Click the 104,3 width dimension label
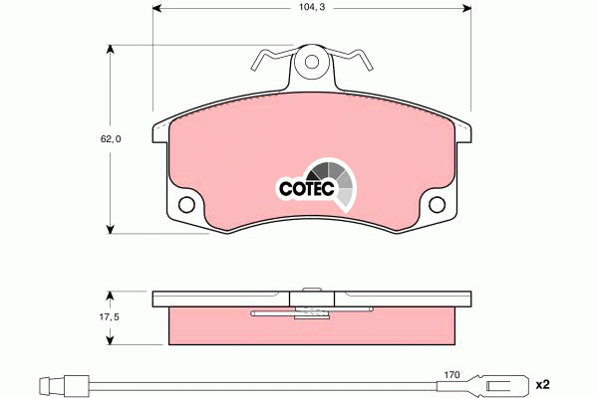coord(312,7)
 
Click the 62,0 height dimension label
coord(111,139)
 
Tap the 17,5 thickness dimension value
coord(109,316)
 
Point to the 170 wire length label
coord(451,375)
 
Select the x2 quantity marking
coord(543,385)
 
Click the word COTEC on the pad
coord(306,188)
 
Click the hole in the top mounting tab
coord(312,62)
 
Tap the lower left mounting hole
coord(186,205)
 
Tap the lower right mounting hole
coord(438,205)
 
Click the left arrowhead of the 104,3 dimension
coord(157,8)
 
